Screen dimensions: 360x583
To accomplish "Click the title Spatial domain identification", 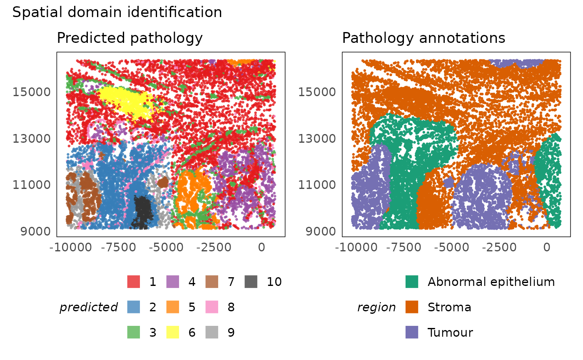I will coord(117,12).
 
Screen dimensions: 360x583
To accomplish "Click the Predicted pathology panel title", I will coord(130,38).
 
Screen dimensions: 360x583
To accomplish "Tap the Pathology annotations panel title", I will coord(424,38).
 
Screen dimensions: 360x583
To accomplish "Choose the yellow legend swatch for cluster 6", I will coord(173,333).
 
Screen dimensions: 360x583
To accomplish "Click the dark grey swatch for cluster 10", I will coord(251,282).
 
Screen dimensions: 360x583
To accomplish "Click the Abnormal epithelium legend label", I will coord(491,282).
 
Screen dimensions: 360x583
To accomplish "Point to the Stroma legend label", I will coord(449,307).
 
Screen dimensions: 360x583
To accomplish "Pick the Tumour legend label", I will coord(450,333).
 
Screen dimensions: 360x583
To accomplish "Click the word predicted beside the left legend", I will coord(89,307).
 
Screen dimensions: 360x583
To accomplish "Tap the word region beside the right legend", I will coord(376,307).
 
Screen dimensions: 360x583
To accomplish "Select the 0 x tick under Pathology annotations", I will coord(546,247).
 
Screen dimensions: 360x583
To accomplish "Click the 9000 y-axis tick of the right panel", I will coord(317,231).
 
